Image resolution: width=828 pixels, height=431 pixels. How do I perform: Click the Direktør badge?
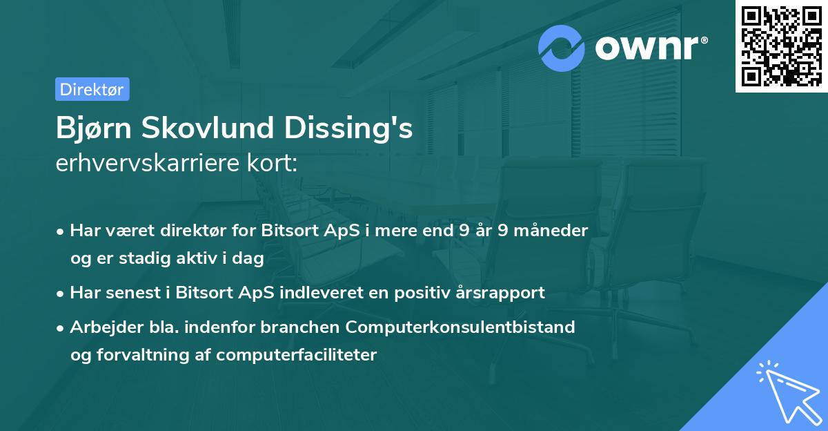[x=92, y=89]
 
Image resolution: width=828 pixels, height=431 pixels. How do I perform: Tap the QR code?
[x=781, y=46]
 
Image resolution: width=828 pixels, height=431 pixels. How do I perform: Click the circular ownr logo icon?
[x=562, y=48]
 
